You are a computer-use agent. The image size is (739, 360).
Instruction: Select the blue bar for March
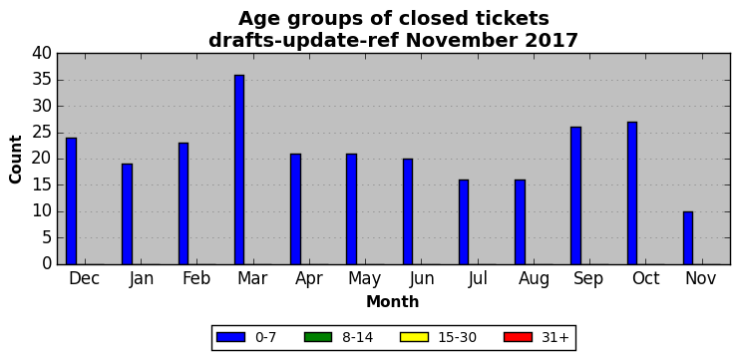click(x=239, y=170)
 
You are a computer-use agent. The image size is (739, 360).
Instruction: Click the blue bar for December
click(x=71, y=201)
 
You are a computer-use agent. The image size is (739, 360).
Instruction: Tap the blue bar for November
click(x=688, y=238)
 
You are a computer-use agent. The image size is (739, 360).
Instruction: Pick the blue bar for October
click(x=632, y=193)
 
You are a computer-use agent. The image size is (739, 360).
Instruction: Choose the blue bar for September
click(x=575, y=195)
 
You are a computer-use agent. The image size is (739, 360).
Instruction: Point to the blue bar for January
click(x=127, y=214)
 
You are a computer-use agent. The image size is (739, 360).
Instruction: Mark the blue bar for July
click(x=464, y=222)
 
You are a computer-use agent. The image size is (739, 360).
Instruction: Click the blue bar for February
click(x=184, y=203)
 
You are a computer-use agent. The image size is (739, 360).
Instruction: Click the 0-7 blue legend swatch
click(x=230, y=337)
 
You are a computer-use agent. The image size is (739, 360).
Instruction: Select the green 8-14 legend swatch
click(x=318, y=337)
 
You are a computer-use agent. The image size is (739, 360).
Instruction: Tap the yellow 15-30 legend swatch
click(x=414, y=337)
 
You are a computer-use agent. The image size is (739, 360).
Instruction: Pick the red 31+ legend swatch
click(x=518, y=337)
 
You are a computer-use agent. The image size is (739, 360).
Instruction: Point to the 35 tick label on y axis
click(x=42, y=80)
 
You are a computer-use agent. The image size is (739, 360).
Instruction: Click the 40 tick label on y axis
click(x=42, y=54)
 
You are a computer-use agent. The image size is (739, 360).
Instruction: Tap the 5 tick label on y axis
click(x=46, y=238)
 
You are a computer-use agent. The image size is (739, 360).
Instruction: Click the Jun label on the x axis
click(x=422, y=279)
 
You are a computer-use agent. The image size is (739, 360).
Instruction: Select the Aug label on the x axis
click(x=534, y=279)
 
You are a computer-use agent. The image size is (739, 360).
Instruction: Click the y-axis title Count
click(x=16, y=160)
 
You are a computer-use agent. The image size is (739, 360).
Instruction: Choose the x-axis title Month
click(x=393, y=301)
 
